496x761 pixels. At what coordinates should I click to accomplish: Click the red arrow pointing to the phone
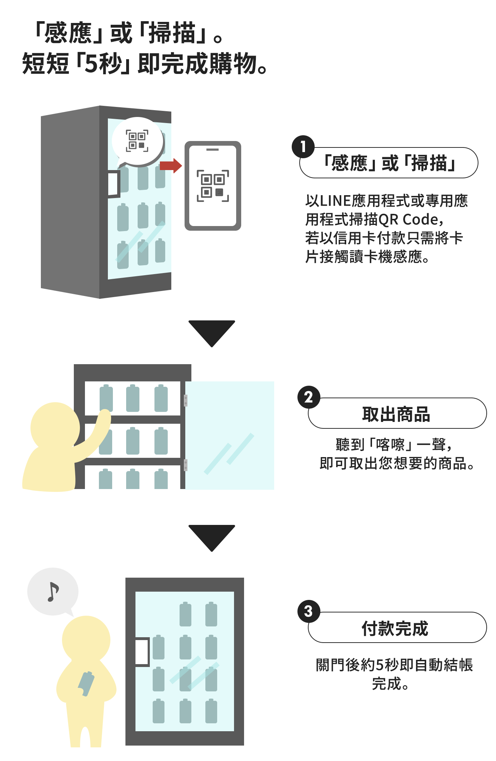point(171,166)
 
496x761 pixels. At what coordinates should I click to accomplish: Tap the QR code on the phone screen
point(213,185)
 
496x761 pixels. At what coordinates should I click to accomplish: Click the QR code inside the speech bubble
point(137,141)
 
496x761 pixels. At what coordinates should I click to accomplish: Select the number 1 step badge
point(303,146)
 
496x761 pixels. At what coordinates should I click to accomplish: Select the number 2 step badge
point(309,397)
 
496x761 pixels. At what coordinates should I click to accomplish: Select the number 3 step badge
point(309,611)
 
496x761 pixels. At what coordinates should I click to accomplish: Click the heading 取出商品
point(396,414)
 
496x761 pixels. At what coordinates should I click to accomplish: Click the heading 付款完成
point(395,628)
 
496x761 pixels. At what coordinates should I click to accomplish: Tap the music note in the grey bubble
point(53,592)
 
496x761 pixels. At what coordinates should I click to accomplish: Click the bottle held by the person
point(86,683)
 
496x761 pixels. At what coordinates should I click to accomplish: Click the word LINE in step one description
point(335,201)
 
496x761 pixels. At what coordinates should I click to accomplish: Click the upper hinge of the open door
point(186,400)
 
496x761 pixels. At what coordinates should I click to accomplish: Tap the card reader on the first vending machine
point(113,184)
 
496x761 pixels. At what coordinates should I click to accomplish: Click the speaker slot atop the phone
point(213,149)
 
